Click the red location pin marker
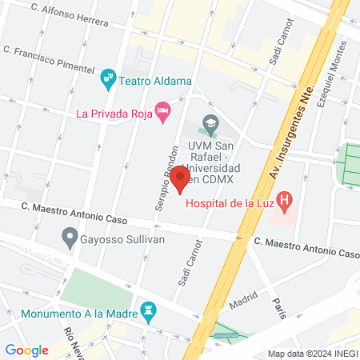click(x=180, y=179)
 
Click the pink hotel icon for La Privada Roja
click(x=163, y=113)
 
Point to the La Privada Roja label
click(x=112, y=114)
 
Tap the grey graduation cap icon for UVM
click(x=210, y=123)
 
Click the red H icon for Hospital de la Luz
click(x=283, y=199)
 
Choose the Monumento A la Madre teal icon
click(x=147, y=310)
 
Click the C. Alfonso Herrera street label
click(x=70, y=16)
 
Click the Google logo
click(x=26, y=350)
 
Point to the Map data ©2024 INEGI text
click(x=312, y=354)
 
